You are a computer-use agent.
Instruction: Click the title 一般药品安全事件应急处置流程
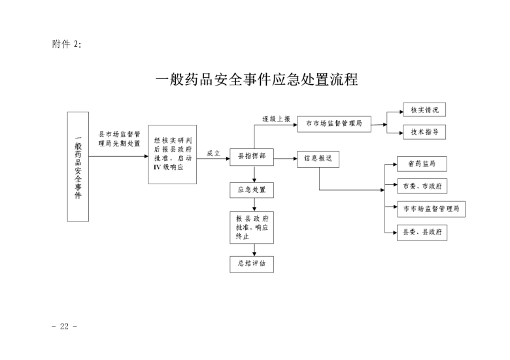coord(257,80)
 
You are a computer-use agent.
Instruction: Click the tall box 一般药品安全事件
coord(78,166)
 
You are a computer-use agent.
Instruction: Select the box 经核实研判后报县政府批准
coord(172,154)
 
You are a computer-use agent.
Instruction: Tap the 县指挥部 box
coord(252,157)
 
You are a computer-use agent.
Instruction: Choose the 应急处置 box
coord(252,190)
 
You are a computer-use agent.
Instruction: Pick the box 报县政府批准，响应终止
coord(252,227)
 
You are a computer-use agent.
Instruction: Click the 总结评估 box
coord(252,264)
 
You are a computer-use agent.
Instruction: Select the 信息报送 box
coord(318,159)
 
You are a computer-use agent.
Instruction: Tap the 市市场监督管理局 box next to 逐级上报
coord(333,123)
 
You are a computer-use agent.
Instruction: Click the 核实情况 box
coord(424,109)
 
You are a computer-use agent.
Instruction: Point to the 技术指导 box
coord(424,132)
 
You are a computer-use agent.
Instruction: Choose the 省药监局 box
coord(422,163)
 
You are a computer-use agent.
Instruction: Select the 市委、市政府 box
coord(422,186)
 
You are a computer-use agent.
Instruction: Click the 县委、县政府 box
coord(422,232)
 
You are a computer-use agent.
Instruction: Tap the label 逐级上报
coord(277,119)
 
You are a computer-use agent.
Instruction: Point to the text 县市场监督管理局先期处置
coord(119,139)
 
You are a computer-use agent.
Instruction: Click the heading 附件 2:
coord(67,44)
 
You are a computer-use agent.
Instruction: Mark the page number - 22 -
coord(65,325)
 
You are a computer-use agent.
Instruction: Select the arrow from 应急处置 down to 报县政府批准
coord(254,205)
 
